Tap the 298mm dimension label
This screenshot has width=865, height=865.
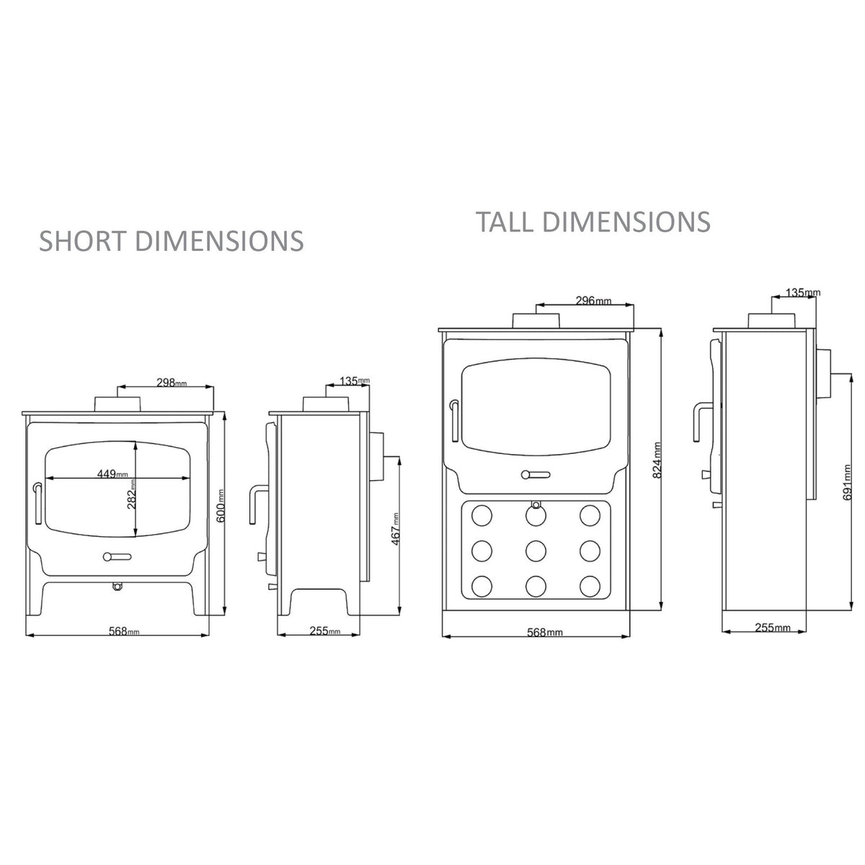coord(172,383)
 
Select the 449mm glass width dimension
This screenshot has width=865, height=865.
coord(112,474)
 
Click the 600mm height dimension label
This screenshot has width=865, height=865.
coord(221,506)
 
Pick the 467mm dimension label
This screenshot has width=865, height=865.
coord(396,530)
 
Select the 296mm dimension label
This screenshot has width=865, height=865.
coord(594,301)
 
